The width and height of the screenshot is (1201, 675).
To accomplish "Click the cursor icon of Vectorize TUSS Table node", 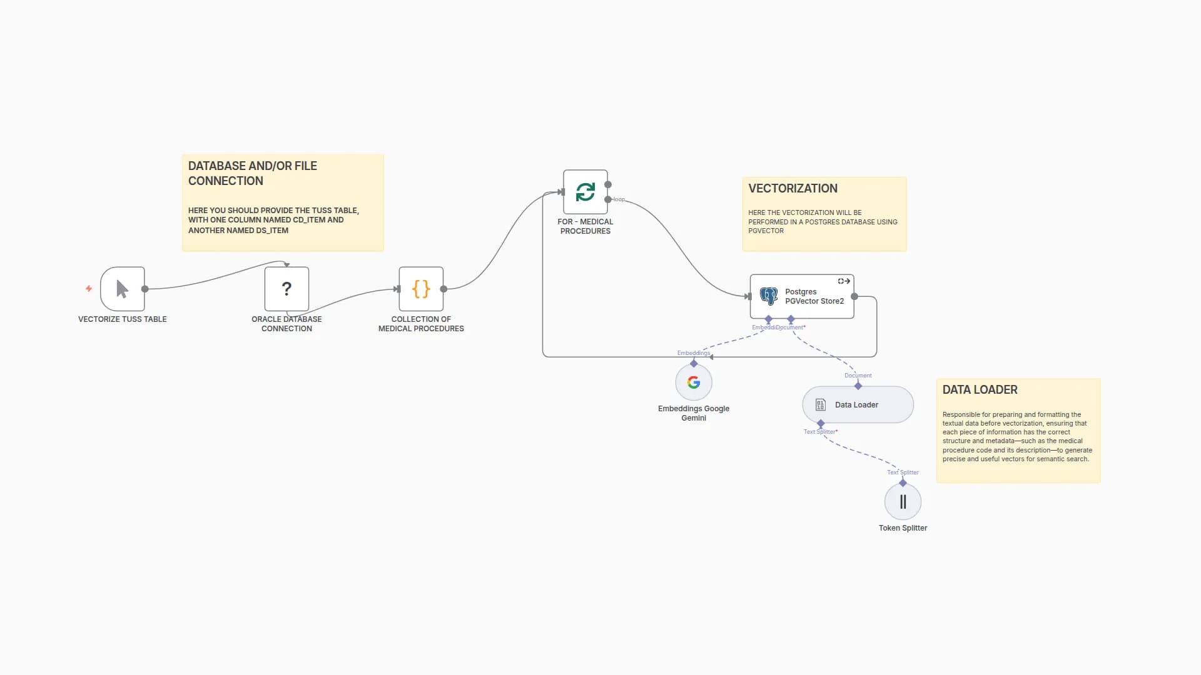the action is click(x=123, y=289).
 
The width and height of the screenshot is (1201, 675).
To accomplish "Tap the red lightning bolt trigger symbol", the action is click(x=89, y=289).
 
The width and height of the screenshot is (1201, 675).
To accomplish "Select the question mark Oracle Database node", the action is click(x=286, y=289).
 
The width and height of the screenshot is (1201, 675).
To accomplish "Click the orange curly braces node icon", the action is click(x=421, y=289).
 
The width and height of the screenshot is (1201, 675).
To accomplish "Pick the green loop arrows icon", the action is click(x=585, y=192).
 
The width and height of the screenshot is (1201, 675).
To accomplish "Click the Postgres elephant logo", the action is click(x=768, y=296).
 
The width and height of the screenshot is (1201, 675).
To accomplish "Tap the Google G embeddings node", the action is click(x=694, y=382).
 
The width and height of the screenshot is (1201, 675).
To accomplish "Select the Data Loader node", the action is click(x=858, y=405).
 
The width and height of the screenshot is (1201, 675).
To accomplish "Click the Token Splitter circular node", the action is click(x=903, y=502).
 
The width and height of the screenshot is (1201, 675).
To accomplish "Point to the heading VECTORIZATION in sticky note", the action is click(x=793, y=189).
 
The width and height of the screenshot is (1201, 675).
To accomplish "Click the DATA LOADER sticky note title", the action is click(x=980, y=390).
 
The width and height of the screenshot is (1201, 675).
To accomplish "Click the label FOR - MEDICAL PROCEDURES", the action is click(x=585, y=226).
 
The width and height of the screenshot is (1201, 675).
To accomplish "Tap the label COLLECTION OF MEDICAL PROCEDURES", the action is click(x=421, y=324).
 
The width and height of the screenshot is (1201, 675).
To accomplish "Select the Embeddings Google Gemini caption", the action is click(x=694, y=413).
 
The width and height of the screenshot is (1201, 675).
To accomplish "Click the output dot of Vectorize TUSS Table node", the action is click(x=145, y=289).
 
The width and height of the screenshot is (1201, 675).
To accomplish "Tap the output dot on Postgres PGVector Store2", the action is click(x=854, y=296).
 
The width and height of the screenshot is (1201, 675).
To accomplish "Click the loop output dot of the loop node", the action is click(x=608, y=199).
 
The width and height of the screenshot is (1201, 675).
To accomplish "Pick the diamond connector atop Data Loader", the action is click(x=858, y=386).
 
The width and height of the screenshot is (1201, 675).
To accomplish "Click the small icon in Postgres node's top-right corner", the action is click(x=844, y=281).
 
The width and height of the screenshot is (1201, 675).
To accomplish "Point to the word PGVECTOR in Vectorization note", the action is click(x=766, y=231).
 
